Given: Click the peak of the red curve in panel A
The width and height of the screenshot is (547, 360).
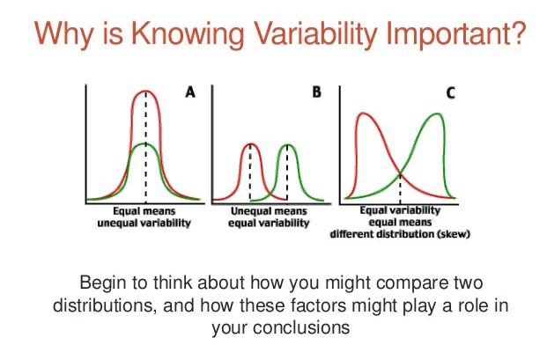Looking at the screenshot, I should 145,91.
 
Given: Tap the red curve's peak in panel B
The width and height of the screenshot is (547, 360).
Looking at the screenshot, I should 250,144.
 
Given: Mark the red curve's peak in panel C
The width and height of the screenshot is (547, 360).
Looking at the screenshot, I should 361,115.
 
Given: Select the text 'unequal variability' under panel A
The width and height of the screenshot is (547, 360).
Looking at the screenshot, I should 144,224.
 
